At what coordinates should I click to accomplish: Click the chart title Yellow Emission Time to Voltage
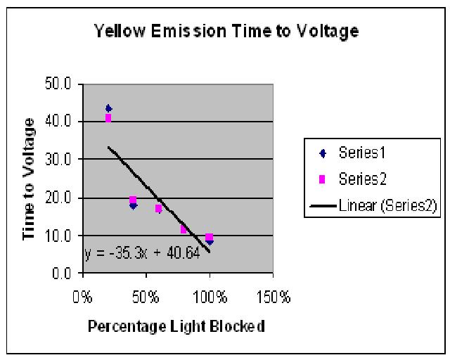[x=226, y=30]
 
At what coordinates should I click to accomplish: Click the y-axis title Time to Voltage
[x=30, y=179]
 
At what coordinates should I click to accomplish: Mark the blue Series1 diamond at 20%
[x=108, y=108]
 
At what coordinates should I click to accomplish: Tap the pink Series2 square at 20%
[x=108, y=118]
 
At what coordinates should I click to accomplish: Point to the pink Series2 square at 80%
[x=184, y=230]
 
